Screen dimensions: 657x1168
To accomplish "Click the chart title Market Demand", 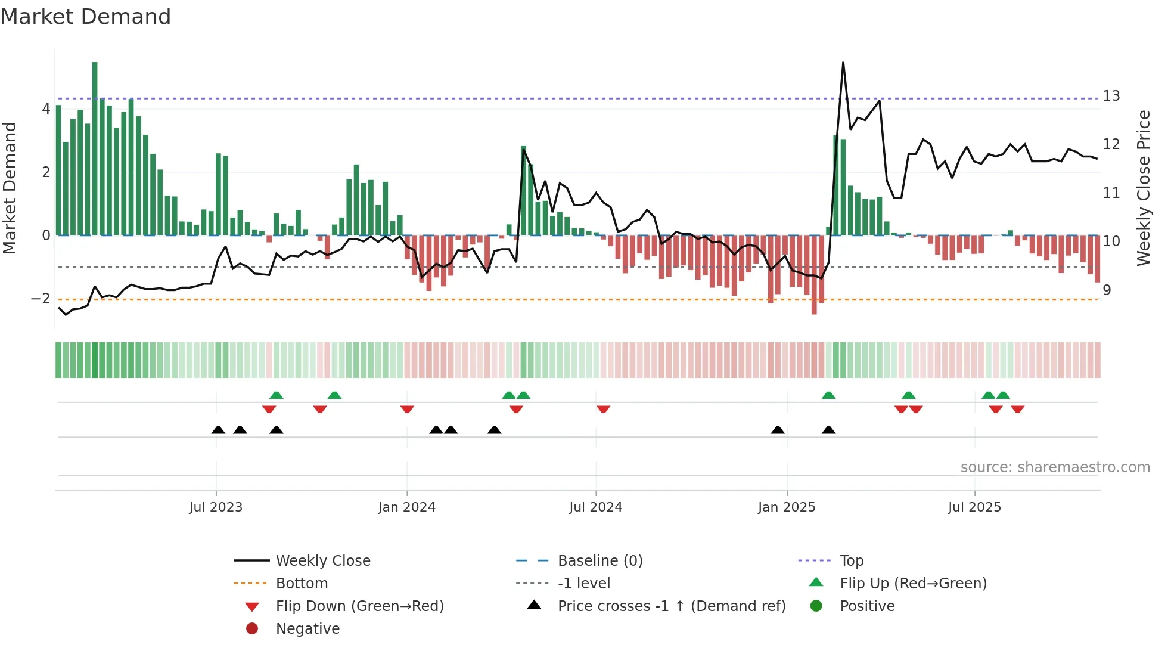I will (86, 17).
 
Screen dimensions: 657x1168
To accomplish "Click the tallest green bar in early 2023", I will (95, 149).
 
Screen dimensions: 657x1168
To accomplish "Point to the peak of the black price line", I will (843, 63).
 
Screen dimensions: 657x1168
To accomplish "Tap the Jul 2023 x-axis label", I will (216, 507).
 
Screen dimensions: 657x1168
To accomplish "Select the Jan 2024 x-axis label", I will (406, 507).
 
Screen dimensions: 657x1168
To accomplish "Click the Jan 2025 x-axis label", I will (786, 507).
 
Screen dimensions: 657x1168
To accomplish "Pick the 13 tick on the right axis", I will (1111, 96).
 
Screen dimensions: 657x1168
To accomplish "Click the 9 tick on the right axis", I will (1107, 290).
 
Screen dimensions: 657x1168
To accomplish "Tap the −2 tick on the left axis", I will (41, 298).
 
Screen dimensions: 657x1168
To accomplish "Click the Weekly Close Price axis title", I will (1143, 188).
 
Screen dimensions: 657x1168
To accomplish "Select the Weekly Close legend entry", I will (322, 560).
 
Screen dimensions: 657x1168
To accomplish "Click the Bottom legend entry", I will (302, 583).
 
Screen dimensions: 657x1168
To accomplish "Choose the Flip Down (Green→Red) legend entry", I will (359, 606).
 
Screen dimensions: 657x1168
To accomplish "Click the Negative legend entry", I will (307, 628).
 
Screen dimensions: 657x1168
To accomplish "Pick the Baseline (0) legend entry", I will (599, 560).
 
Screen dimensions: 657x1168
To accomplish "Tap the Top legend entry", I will (851, 560).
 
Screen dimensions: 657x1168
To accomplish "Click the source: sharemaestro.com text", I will (1055, 467).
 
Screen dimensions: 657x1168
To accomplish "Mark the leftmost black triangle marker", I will (218, 430).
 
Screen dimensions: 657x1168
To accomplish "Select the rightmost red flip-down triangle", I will (1017, 409).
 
